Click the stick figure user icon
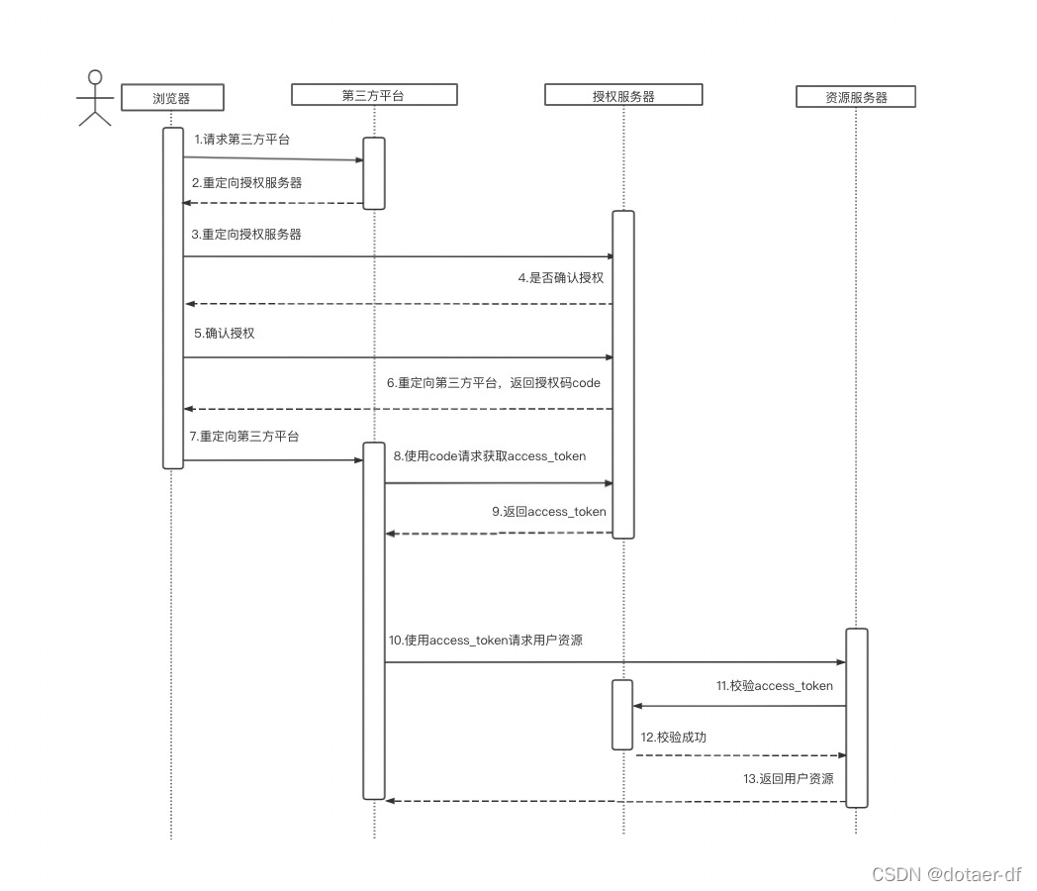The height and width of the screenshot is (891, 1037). click(95, 99)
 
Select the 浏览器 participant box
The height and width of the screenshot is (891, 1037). click(171, 97)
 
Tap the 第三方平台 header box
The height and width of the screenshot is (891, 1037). click(374, 94)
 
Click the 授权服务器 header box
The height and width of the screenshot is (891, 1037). click(622, 95)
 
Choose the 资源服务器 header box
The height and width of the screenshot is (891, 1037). click(855, 96)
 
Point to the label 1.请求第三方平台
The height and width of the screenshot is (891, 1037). click(242, 140)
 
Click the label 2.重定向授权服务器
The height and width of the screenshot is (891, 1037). click(247, 183)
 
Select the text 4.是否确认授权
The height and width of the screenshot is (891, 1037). click(560, 278)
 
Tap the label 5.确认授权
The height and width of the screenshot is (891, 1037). click(225, 334)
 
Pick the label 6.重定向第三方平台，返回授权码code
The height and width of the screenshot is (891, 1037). click(494, 382)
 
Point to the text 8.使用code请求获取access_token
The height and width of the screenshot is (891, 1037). click(490, 456)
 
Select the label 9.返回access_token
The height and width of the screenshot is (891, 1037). click(549, 512)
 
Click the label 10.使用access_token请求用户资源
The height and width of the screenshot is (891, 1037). click(486, 641)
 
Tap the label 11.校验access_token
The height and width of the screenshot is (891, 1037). click(775, 686)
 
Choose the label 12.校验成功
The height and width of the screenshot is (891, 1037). click(674, 738)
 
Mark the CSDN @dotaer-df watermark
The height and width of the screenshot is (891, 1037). click(946, 874)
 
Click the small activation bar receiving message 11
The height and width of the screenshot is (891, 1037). click(621, 714)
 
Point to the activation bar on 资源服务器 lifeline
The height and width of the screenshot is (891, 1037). click(856, 717)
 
